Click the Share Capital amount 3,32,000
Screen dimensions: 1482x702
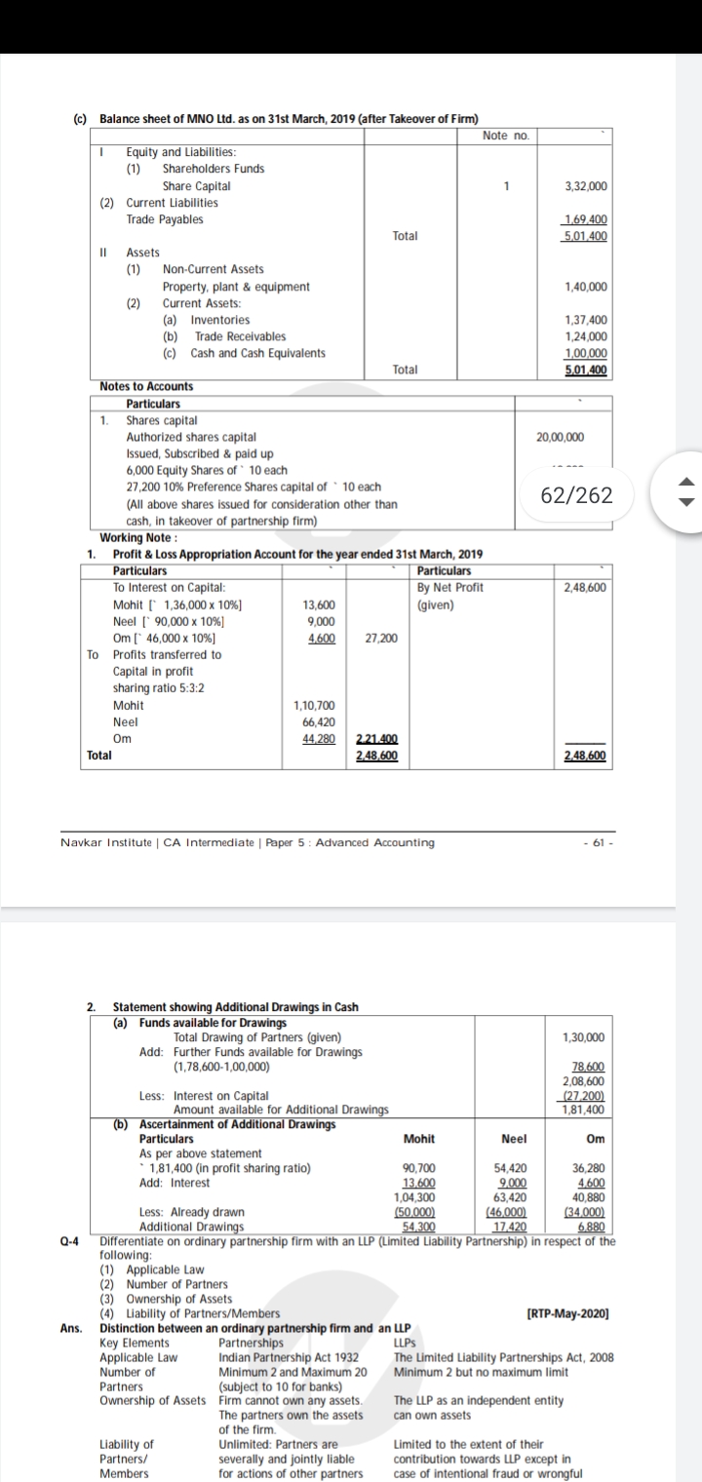point(586,185)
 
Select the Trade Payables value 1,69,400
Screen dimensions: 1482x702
point(586,220)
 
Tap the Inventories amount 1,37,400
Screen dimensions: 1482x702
point(586,320)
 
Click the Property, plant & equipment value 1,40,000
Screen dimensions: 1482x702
point(586,287)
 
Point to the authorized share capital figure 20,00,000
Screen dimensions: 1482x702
point(561,438)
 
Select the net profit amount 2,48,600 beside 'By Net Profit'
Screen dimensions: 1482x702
point(585,587)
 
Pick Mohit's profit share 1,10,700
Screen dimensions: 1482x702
point(314,705)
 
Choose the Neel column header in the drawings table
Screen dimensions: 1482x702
point(514,1139)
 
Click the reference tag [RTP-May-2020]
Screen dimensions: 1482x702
point(567,1313)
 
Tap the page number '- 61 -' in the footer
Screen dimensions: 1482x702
point(595,842)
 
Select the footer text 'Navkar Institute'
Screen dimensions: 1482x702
point(98,842)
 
